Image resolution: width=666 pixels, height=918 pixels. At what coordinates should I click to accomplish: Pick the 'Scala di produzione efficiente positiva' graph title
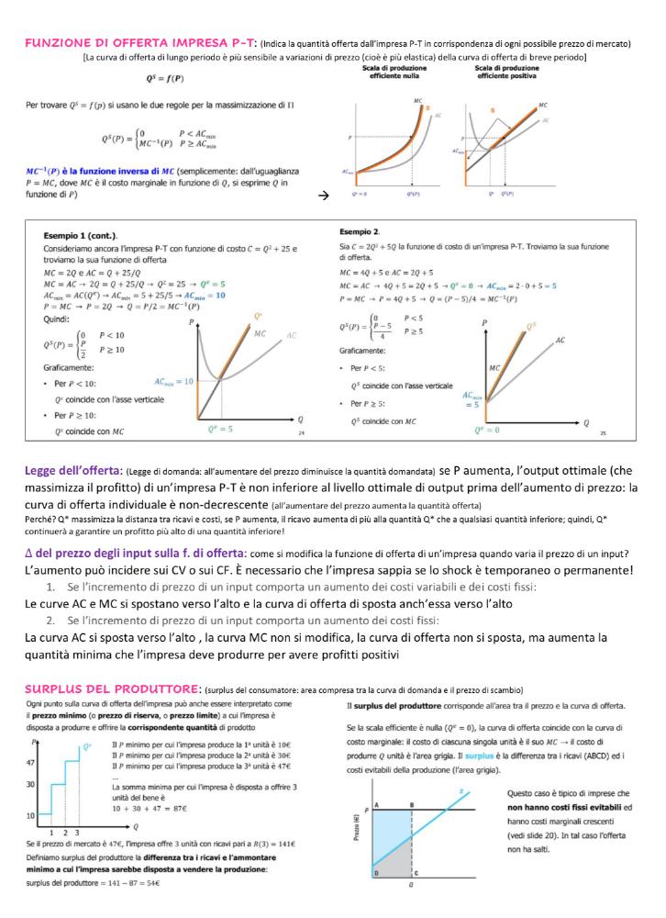click(506, 72)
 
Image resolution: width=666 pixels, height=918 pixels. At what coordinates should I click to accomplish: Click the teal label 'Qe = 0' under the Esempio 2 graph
click(485, 429)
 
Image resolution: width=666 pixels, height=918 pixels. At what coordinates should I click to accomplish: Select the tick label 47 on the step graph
click(30, 763)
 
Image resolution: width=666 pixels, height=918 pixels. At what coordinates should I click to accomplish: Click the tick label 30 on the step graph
click(30, 784)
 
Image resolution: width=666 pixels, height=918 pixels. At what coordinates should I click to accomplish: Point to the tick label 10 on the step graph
click(30, 814)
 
